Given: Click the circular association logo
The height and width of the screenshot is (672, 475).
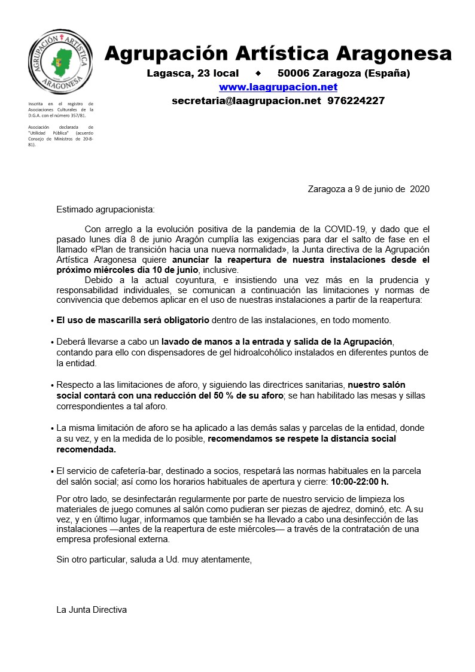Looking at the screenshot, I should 61,62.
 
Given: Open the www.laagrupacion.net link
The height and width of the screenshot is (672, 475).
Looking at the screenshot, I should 278,87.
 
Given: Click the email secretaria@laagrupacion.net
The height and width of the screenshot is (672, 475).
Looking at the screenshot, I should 246,101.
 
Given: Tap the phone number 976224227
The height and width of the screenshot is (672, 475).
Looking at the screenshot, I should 356,101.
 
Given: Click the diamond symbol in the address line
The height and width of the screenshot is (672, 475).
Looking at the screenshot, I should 258,74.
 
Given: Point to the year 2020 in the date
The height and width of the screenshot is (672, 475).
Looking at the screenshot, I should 418,189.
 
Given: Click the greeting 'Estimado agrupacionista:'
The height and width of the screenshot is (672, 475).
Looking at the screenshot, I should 105,209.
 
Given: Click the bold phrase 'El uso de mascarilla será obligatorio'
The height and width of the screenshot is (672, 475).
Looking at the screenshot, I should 133,320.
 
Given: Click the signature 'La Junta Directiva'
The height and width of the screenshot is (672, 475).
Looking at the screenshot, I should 92,610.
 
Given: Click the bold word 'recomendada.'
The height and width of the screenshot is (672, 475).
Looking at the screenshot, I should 86,449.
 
